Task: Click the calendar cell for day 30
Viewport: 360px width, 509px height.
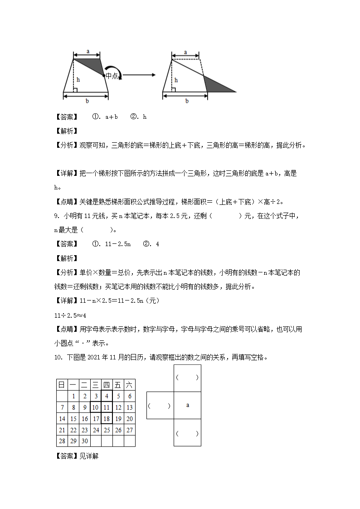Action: tap(84, 441)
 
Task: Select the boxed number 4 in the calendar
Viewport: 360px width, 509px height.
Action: tap(107, 396)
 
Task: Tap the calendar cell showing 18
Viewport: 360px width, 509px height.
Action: tap(107, 418)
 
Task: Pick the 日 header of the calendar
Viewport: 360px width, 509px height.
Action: tap(62, 385)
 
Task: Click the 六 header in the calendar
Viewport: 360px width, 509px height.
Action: tap(129, 385)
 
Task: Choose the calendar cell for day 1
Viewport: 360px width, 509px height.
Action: tap(73, 396)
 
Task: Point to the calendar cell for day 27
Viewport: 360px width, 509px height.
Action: tap(129, 430)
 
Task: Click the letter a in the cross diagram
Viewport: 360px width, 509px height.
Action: tap(187, 405)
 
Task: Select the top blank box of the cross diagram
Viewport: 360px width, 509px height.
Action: tap(187, 378)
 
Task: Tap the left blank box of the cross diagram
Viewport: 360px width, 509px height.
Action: tap(160, 405)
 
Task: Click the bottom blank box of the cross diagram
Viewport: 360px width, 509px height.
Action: tap(187, 433)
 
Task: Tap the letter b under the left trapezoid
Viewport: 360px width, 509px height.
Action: tap(86, 101)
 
